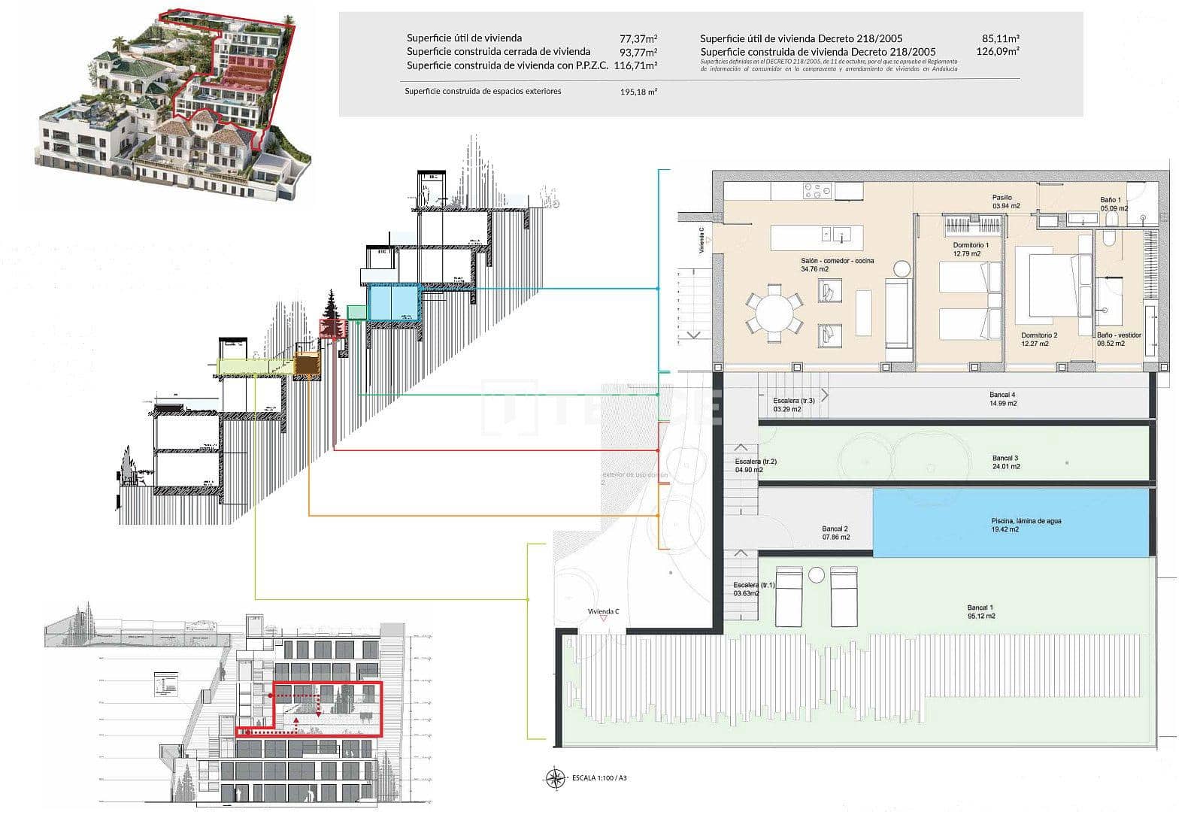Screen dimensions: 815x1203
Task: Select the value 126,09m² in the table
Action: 997,52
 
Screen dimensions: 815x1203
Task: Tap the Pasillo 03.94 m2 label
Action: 1005,201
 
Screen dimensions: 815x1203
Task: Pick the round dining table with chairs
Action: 774,314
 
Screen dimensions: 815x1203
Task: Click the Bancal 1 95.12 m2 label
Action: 980,611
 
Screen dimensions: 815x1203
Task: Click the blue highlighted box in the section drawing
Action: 392,302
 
